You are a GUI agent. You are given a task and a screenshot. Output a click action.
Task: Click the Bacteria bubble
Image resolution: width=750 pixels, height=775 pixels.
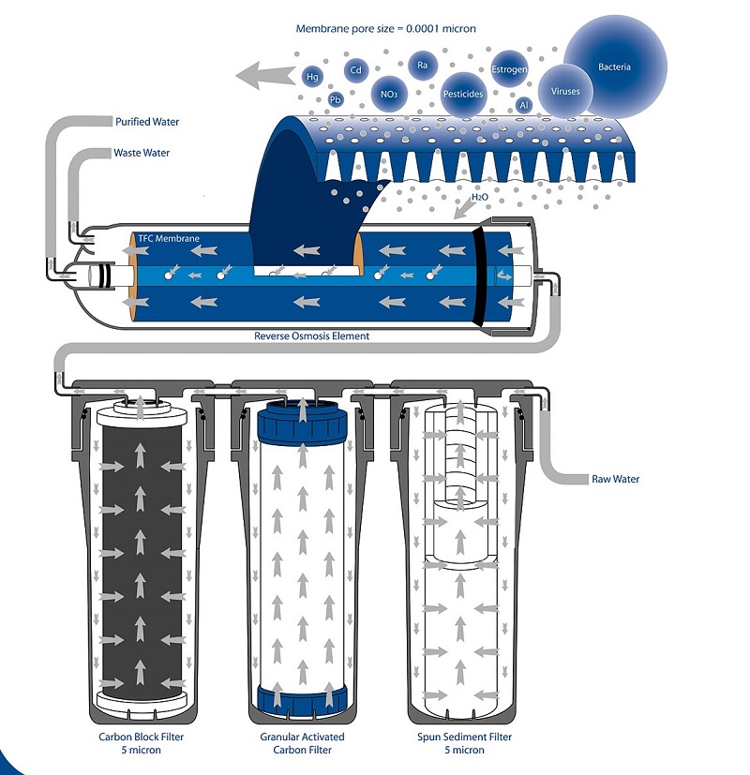point(614,67)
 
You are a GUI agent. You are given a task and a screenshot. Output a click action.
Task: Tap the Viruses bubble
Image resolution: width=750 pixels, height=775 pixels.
point(566,92)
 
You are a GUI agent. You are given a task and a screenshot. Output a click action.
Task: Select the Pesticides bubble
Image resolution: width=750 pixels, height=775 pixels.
point(463,94)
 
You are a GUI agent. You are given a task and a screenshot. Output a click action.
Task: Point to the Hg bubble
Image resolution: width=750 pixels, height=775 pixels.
point(313,76)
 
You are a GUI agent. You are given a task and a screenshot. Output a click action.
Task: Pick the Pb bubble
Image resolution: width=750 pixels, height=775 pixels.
point(336,99)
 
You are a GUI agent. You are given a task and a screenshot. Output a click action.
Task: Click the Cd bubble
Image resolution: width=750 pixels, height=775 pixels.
point(356,69)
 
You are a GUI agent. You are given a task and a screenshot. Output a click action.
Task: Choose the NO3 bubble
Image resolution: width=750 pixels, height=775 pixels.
point(387,94)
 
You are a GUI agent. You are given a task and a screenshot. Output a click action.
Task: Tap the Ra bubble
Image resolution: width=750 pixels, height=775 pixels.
point(423,65)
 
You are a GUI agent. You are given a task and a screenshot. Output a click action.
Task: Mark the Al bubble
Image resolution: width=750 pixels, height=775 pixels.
point(524,106)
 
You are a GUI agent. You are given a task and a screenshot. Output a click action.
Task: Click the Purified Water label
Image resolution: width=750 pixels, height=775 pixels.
point(147,122)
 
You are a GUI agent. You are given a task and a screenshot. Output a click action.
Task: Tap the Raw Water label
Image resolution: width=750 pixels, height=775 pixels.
point(615,479)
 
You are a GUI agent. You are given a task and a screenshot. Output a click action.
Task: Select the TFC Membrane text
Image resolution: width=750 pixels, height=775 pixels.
point(169,239)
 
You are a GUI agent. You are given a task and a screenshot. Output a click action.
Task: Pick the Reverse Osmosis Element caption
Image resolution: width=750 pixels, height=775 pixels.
point(312,335)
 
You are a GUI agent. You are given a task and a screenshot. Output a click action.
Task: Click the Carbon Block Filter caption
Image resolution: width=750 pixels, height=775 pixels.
point(142,737)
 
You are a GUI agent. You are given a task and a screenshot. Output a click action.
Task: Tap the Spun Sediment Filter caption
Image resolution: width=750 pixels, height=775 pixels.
point(464,737)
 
